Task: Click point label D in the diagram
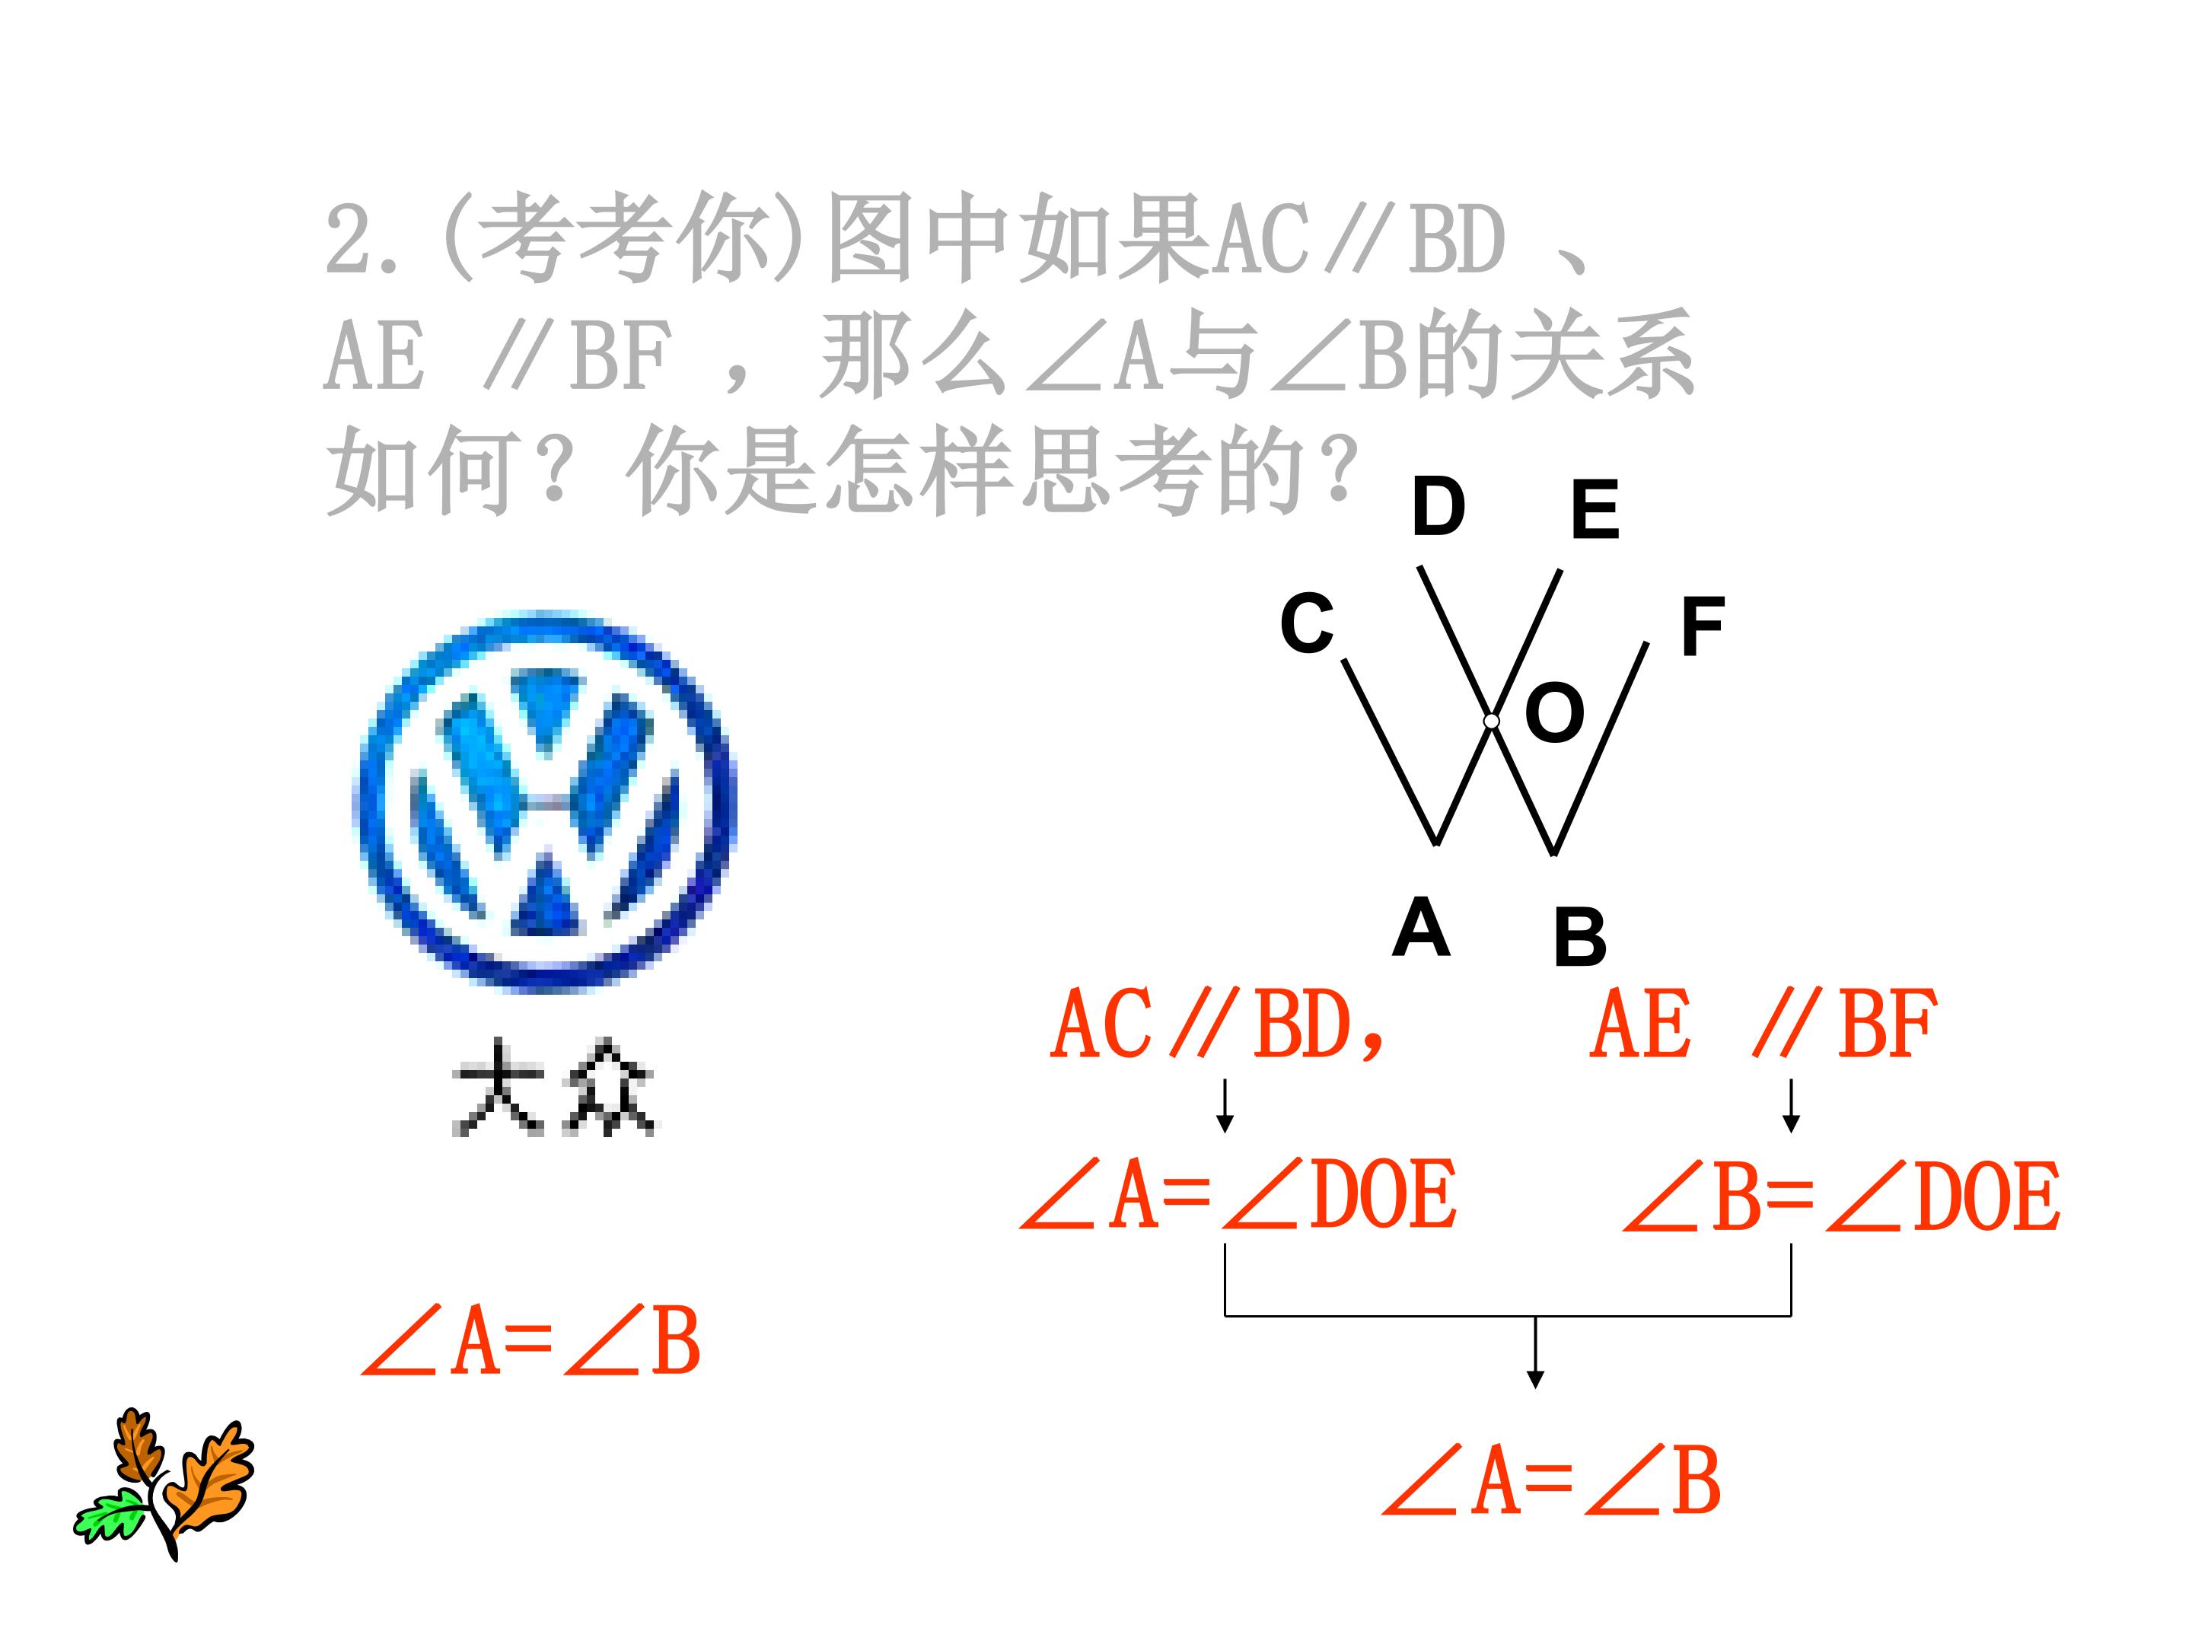1438,505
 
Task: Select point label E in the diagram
1595,508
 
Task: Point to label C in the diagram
1306,623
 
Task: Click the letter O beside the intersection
1554,712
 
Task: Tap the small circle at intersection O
1491,722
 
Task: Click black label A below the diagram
1421,926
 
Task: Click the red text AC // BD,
1219,1024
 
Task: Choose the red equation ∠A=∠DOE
1238,1194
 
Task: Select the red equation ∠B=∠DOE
1842,1196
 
